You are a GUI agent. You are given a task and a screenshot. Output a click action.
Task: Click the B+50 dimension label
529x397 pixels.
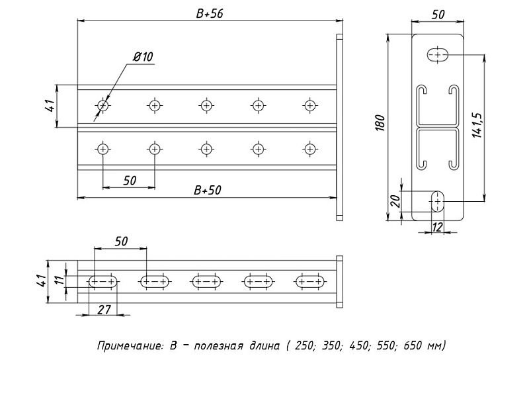[x=208, y=190]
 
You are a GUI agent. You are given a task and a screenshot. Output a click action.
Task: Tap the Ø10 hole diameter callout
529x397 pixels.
[x=143, y=58]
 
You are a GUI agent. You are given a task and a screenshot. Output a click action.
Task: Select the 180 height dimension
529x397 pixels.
[x=380, y=123]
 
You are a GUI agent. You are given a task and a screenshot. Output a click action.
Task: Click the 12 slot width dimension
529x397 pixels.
[x=436, y=228]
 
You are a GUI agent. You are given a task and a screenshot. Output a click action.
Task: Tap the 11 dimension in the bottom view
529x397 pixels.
[x=59, y=282]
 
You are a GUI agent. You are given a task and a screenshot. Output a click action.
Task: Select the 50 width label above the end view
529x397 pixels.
[x=438, y=13]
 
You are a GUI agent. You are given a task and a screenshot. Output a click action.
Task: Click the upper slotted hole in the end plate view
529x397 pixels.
[x=437, y=55]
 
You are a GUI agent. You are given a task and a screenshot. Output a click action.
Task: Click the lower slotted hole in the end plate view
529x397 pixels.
[x=437, y=200]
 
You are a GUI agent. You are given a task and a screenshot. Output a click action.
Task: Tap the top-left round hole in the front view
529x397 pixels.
[x=102, y=105]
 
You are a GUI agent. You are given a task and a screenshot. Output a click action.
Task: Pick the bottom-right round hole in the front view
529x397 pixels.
[x=309, y=148]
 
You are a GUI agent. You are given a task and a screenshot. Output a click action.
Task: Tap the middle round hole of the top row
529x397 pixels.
[x=206, y=105]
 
